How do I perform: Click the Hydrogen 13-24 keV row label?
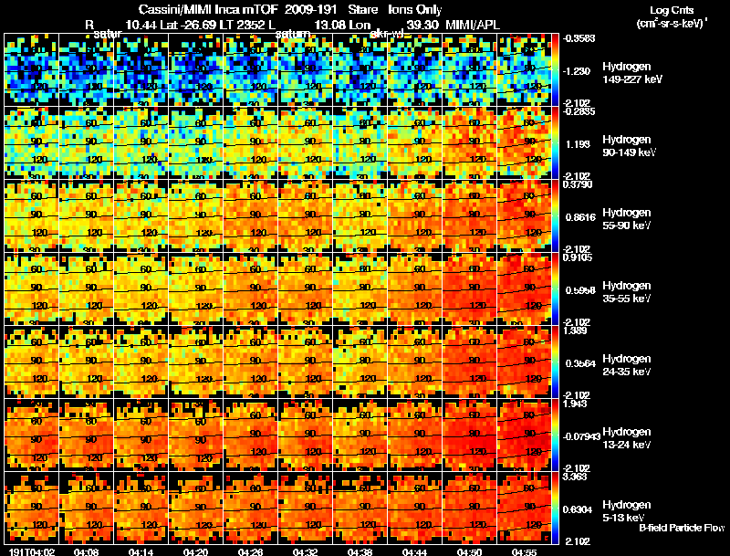[626, 437]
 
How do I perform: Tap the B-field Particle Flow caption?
[681, 527]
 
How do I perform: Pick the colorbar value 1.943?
[577, 403]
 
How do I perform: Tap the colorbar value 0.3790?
[579, 184]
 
